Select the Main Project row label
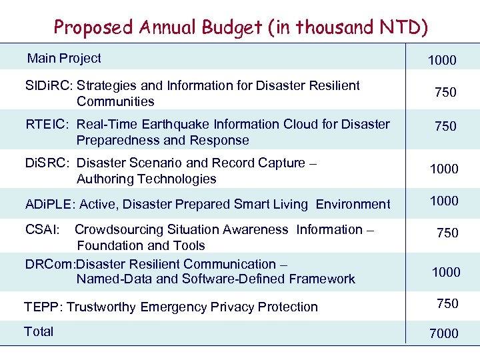pos(64,59)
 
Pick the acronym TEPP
pos(42,307)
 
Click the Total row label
pos(39,332)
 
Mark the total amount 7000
pos(444,334)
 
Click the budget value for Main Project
pos(442,61)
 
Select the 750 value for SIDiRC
pos(445,93)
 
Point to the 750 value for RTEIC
pos(445,127)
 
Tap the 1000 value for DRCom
pos(446,272)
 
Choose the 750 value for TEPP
pos(447,304)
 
